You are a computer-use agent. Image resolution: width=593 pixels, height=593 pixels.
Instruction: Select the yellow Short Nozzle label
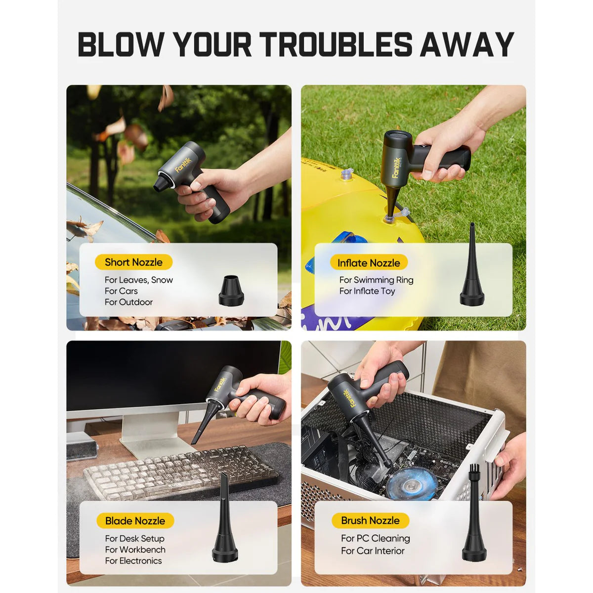(133, 262)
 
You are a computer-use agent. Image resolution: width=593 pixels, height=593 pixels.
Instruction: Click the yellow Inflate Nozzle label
(369, 263)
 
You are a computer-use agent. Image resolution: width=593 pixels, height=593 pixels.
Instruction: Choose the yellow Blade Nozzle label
(135, 521)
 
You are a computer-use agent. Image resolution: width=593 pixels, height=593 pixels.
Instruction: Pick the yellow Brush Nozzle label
(370, 520)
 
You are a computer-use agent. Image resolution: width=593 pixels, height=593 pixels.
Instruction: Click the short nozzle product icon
(231, 291)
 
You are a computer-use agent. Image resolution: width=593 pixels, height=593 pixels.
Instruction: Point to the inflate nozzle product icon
(471, 267)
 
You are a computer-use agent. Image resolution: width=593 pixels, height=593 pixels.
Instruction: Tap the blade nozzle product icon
(225, 519)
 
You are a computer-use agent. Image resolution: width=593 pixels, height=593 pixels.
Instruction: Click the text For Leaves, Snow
(139, 280)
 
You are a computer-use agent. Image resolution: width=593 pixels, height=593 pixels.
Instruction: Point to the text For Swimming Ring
(376, 280)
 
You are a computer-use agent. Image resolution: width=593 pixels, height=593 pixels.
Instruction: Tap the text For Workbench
(135, 550)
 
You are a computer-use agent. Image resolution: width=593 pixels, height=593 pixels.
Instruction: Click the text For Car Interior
(373, 551)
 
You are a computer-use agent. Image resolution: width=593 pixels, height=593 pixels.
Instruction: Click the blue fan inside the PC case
(412, 483)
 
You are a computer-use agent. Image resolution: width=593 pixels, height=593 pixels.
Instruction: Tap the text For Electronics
(133, 561)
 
